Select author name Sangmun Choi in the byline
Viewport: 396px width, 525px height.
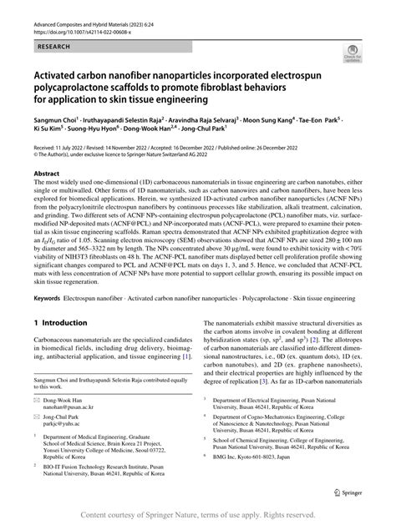coord(54,119)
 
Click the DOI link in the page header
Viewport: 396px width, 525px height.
coord(75,35)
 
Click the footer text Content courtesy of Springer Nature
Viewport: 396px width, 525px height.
coord(198,513)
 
